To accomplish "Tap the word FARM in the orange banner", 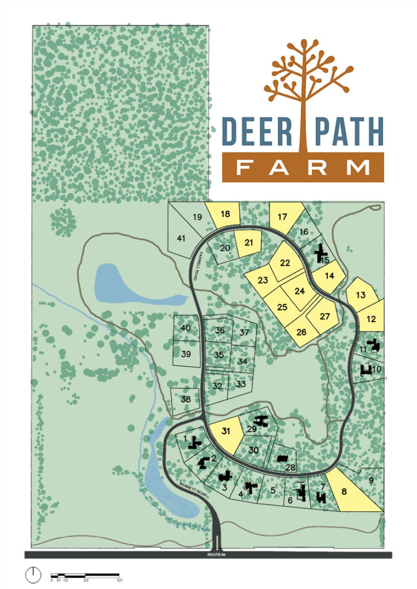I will [303, 168].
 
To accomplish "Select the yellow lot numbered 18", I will [224, 215].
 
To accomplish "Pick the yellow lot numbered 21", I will [248, 244].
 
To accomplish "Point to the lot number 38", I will [185, 399].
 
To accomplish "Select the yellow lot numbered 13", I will [361, 294].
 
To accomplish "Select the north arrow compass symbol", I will [34, 573].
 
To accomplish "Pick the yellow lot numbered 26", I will [303, 331].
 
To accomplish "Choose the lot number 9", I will [371, 481].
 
